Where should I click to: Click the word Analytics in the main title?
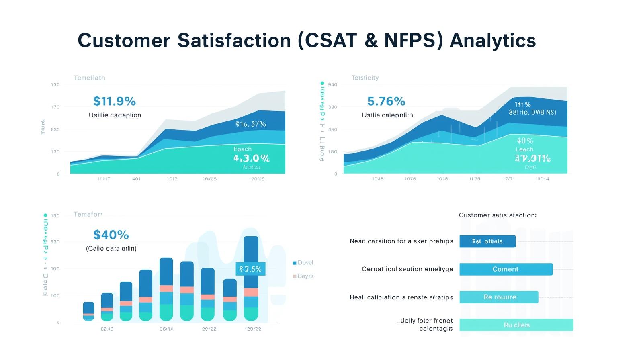[492, 41]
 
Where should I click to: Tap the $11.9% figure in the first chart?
[115, 101]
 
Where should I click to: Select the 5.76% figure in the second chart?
[386, 101]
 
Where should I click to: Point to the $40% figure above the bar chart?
[111, 235]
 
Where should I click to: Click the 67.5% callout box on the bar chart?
[250, 269]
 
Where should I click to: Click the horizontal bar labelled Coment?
[506, 269]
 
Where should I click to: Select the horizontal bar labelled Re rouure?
[498, 297]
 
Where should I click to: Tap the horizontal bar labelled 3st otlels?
[487, 241]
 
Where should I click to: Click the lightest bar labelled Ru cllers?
[516, 325]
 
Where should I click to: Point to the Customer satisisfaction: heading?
[498, 215]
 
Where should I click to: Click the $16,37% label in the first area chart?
[251, 124]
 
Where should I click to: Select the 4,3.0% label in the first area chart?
[252, 158]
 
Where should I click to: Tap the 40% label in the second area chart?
[525, 141]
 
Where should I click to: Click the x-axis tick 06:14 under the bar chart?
[166, 329]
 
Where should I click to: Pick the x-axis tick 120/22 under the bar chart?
[253, 329]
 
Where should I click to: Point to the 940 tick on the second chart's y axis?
[333, 85]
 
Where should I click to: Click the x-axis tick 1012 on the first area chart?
[172, 179]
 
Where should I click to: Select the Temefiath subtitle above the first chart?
[89, 78]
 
